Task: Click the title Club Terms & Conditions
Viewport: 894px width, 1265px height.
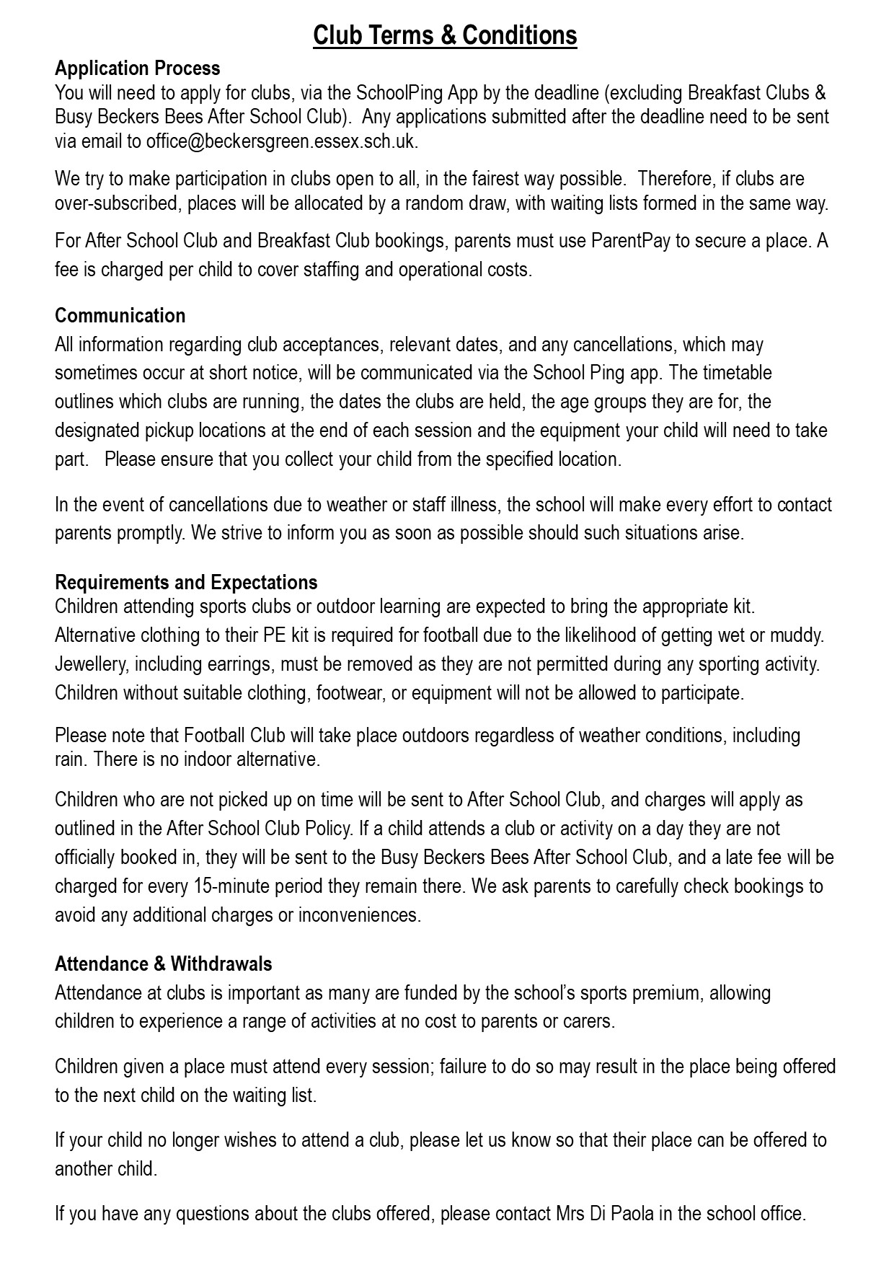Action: (x=445, y=35)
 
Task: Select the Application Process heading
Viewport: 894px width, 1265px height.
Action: (x=138, y=69)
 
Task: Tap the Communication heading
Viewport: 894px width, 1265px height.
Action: (x=120, y=316)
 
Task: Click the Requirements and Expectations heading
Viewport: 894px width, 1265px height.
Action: (x=186, y=582)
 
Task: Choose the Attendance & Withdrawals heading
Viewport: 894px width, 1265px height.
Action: (x=164, y=964)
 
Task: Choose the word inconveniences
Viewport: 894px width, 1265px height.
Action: (x=358, y=914)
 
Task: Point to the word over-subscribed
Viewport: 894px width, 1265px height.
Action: (x=116, y=203)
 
